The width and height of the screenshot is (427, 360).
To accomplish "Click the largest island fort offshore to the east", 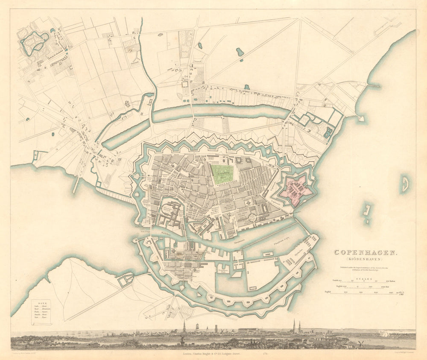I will [x=404, y=184].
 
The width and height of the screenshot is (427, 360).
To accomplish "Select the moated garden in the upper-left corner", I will [x=33, y=42].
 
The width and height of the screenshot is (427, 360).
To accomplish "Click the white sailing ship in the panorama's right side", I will [x=386, y=334].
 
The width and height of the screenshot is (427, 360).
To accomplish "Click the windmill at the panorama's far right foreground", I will [x=360, y=343].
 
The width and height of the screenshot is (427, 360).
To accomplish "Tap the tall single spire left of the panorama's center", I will [x=184, y=327].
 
